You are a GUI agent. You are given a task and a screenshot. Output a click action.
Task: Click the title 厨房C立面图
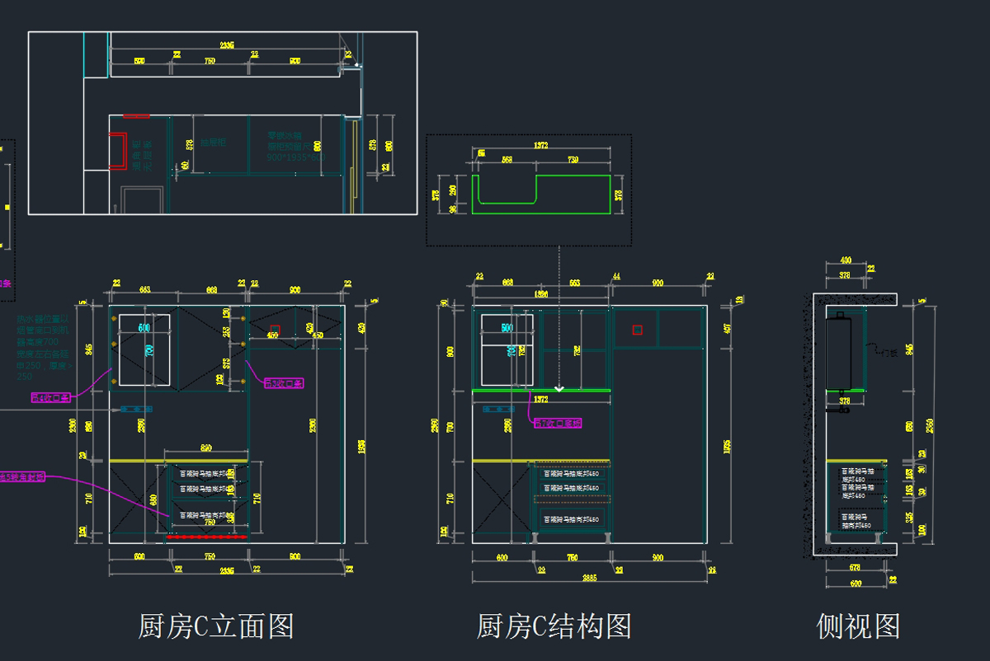point(215,626)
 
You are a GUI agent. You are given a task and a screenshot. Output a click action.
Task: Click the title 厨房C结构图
point(554,626)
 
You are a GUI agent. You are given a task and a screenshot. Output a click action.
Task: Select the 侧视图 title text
point(858,626)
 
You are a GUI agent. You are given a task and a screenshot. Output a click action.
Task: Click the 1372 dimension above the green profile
point(541,146)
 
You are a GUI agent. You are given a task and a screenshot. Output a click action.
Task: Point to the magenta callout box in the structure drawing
point(557,423)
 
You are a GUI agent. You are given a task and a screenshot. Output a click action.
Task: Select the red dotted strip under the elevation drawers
point(207,536)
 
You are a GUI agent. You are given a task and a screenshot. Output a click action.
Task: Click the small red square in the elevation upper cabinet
point(275,330)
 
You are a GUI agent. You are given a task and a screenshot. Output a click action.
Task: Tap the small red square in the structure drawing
point(637,330)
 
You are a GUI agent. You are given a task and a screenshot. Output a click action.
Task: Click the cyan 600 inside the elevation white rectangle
point(144,328)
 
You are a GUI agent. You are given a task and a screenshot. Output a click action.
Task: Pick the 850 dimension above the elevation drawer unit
point(206,448)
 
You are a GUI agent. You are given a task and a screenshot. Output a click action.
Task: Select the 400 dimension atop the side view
point(846,260)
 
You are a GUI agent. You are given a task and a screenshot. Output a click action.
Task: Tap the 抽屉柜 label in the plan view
point(212,143)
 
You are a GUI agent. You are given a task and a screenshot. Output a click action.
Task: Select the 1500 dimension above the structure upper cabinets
point(541,294)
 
